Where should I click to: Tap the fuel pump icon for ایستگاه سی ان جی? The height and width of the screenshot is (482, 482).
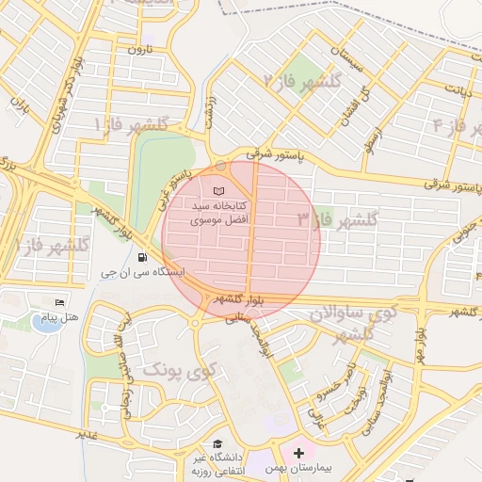point(142,257)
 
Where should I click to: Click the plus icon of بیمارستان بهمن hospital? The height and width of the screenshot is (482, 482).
point(299,453)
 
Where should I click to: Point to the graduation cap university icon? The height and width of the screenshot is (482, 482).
point(218,443)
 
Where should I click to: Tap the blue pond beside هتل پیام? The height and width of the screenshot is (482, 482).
point(44,322)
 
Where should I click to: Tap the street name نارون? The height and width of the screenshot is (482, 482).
point(140,48)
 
